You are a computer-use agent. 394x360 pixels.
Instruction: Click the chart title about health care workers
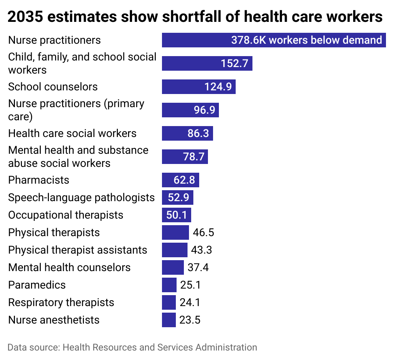(x=195, y=17)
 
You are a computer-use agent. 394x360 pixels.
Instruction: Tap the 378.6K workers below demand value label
(x=306, y=40)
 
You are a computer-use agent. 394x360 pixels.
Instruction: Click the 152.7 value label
(x=234, y=63)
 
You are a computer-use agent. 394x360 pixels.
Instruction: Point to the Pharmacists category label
(x=39, y=180)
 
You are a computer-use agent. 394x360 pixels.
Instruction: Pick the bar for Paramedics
(x=169, y=285)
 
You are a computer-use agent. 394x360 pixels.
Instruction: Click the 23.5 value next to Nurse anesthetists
(x=190, y=320)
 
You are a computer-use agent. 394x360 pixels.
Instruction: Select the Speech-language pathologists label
(x=81, y=197)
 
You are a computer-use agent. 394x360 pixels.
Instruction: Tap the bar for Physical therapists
(x=175, y=232)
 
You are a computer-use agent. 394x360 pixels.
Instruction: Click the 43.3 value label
(x=201, y=250)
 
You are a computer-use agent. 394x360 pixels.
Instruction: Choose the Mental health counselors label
(x=69, y=267)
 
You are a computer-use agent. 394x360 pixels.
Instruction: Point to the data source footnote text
(x=132, y=347)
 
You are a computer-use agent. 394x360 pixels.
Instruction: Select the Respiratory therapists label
(x=61, y=302)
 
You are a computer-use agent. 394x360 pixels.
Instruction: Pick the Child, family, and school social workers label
(x=82, y=63)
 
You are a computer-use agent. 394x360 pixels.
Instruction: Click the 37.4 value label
(x=198, y=267)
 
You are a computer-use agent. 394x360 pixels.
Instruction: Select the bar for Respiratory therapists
(x=169, y=302)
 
